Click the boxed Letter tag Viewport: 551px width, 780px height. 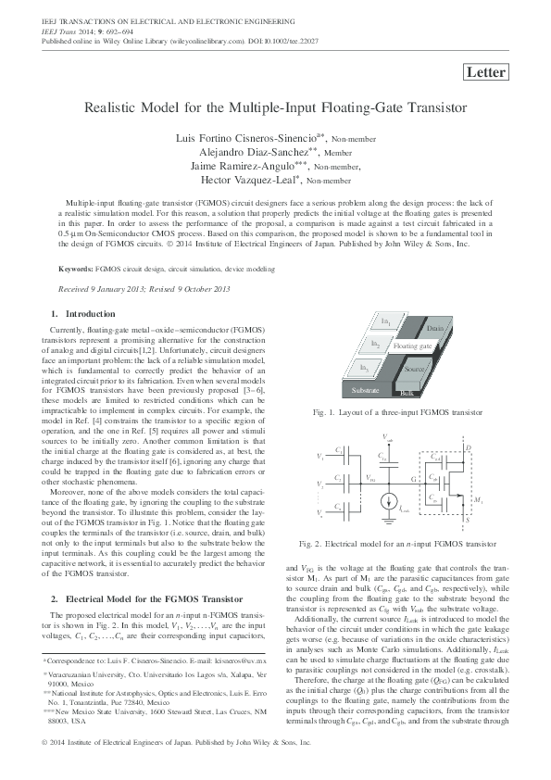[x=484, y=72]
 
